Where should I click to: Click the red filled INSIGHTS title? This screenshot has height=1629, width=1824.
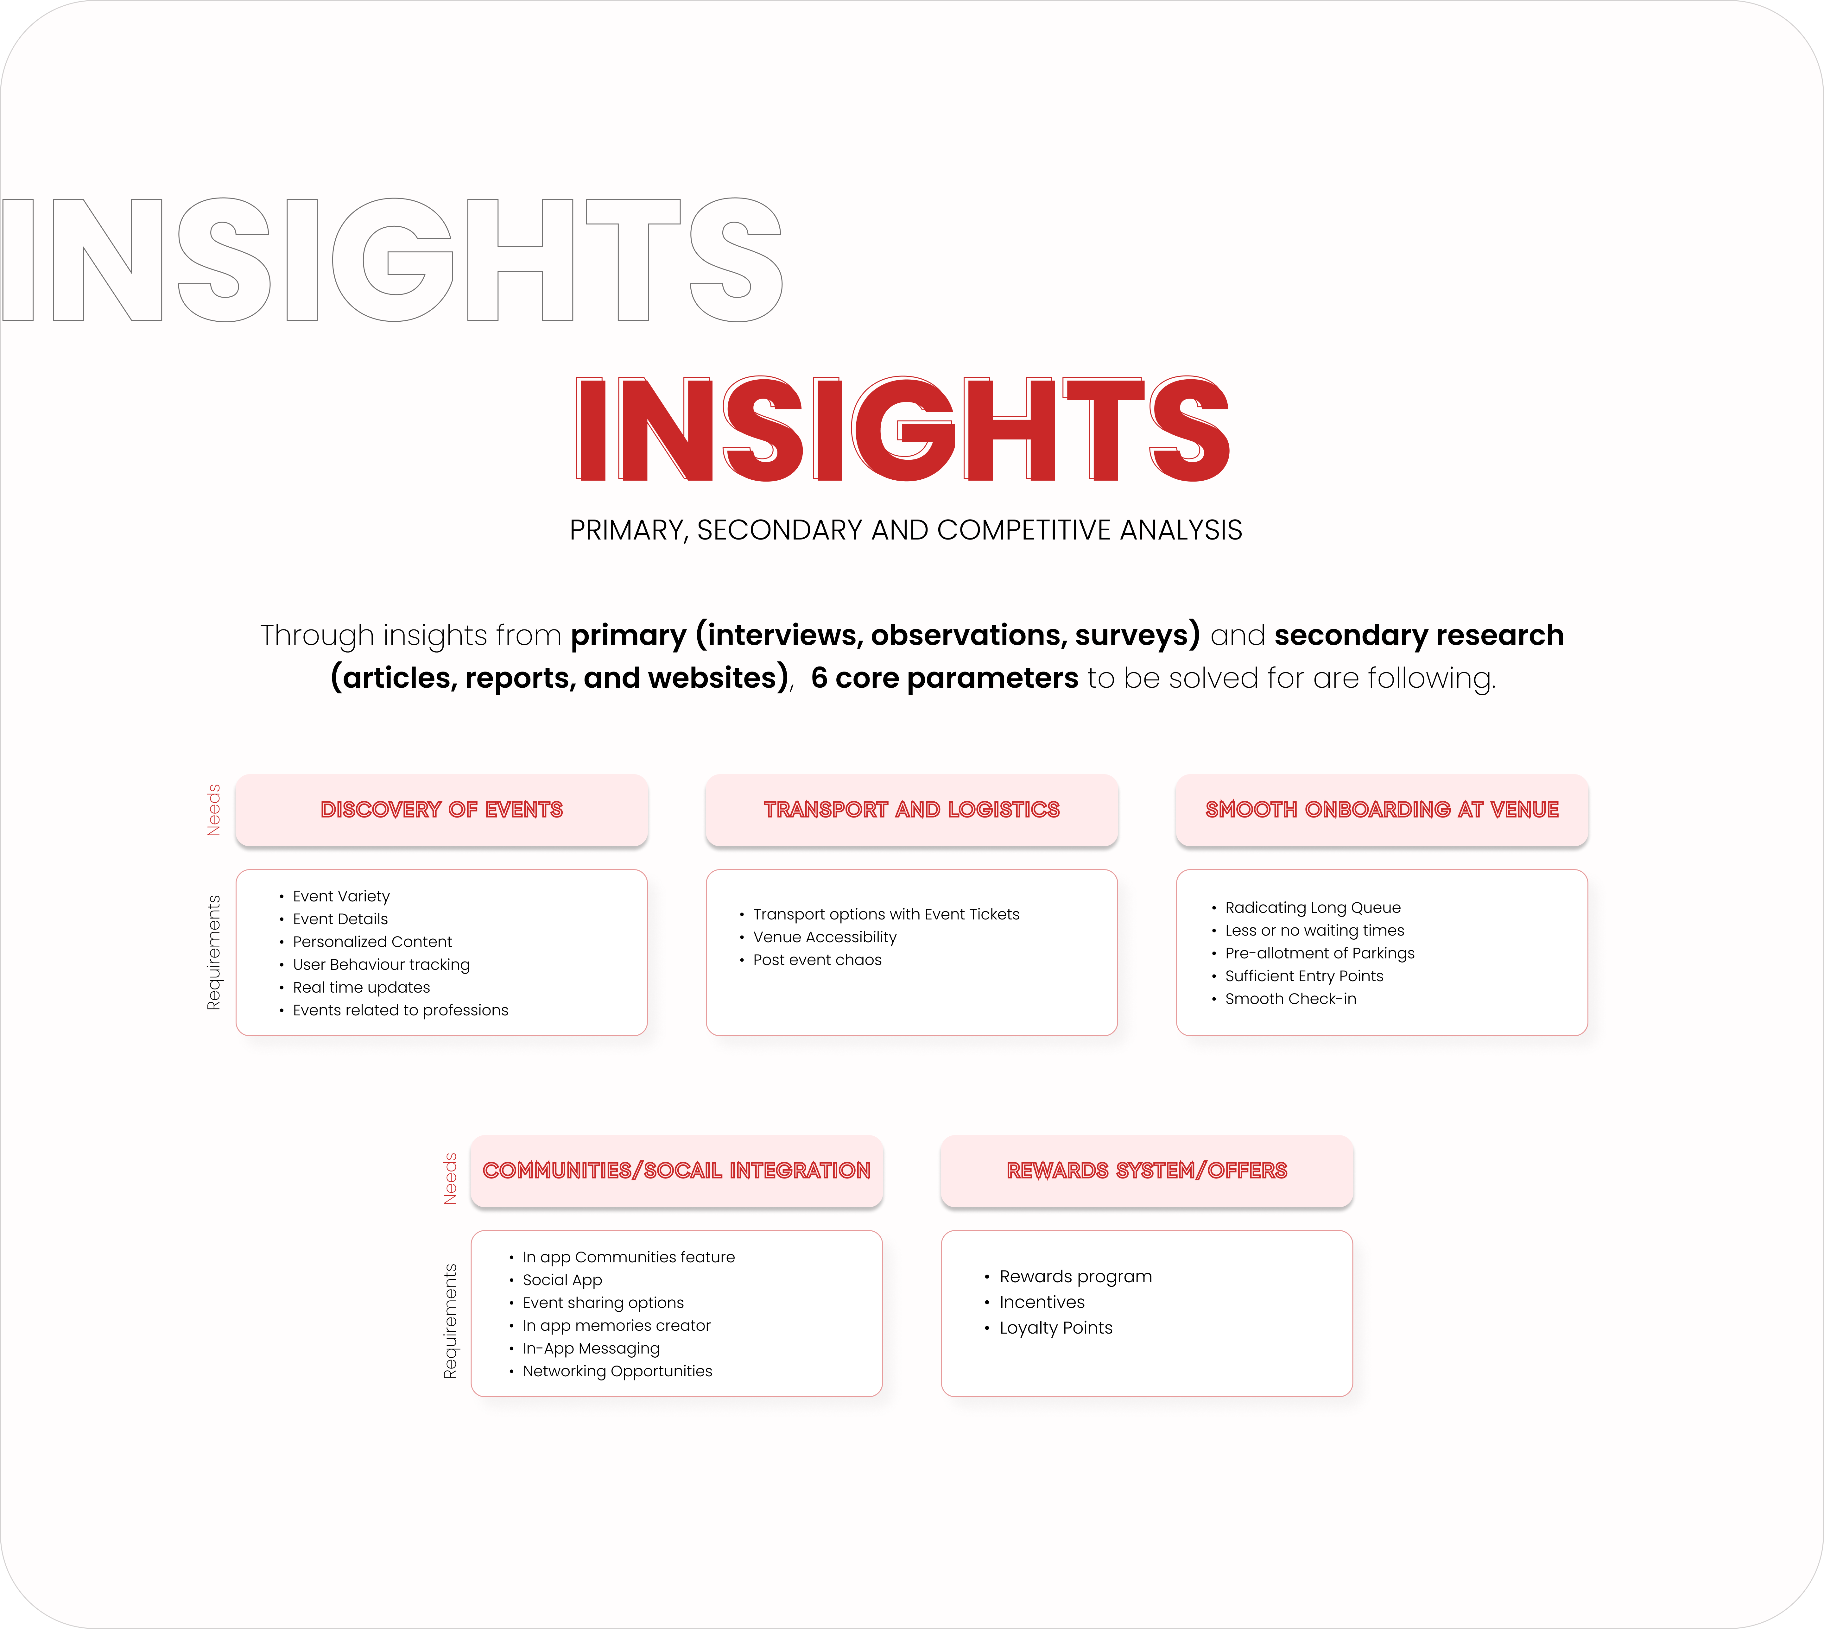pos(902,429)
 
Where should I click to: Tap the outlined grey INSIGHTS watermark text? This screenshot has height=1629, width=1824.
pos(391,260)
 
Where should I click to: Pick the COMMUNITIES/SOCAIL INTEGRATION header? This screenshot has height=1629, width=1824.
pos(677,1171)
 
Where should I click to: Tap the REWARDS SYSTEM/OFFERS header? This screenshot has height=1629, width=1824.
pos(1146,1171)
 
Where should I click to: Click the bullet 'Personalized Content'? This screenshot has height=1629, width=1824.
pos(372,942)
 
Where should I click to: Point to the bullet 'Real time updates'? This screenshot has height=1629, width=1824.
pos(362,987)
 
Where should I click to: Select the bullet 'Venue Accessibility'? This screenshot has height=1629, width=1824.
pos(824,937)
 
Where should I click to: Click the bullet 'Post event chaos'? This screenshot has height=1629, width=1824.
pos(817,959)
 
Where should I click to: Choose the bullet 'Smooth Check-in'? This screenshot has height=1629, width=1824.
pos(1291,999)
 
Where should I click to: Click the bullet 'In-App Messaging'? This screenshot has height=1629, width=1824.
pos(591,1348)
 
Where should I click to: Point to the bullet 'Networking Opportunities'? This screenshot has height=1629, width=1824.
pos(617,1371)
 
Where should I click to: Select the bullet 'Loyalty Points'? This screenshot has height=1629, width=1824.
pos(1056,1327)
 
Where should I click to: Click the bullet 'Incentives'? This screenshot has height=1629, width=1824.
pos(1042,1302)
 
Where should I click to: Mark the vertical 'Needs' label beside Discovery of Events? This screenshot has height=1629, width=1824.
pos(214,810)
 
